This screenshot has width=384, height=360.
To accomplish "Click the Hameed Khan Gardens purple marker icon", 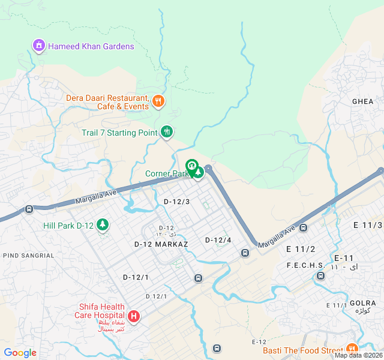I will (39, 46).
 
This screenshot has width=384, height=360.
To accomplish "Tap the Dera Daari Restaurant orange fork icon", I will (158, 101).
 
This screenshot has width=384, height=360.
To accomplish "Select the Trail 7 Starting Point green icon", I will (167, 132).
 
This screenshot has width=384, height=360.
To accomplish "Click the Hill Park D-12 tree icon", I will (103, 225).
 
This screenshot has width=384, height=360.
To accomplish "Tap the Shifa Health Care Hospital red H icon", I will (133, 316).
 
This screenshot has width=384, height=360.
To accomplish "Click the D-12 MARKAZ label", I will (161, 244).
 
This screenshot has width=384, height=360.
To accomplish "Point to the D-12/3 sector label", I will (176, 202).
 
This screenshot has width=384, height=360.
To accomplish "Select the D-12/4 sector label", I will (218, 240).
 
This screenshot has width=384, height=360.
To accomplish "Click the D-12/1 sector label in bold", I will (136, 277).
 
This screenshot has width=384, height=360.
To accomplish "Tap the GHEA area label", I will (362, 101).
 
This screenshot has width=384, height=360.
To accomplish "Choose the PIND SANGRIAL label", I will (28, 256).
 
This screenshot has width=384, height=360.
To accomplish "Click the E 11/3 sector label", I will (368, 225).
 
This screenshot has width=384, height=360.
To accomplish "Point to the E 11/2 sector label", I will (301, 249).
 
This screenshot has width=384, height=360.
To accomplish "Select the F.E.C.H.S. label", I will (306, 265).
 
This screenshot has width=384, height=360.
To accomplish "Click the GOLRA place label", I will (362, 303).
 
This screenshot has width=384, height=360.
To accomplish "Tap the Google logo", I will (20, 353).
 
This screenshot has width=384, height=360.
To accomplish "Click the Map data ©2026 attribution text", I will (358, 355).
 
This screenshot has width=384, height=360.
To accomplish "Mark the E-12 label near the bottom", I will (259, 342).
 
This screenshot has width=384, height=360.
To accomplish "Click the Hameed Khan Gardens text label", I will (91, 46).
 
